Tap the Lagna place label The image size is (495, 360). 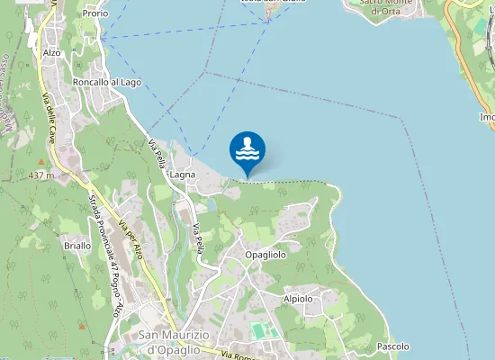182,175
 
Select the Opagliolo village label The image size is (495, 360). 265,256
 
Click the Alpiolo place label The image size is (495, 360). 297,299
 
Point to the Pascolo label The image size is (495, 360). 393,346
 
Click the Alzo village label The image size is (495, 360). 52,53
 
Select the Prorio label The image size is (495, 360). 94,14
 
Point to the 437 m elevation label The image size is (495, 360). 40,175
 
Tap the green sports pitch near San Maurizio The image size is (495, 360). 260,331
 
